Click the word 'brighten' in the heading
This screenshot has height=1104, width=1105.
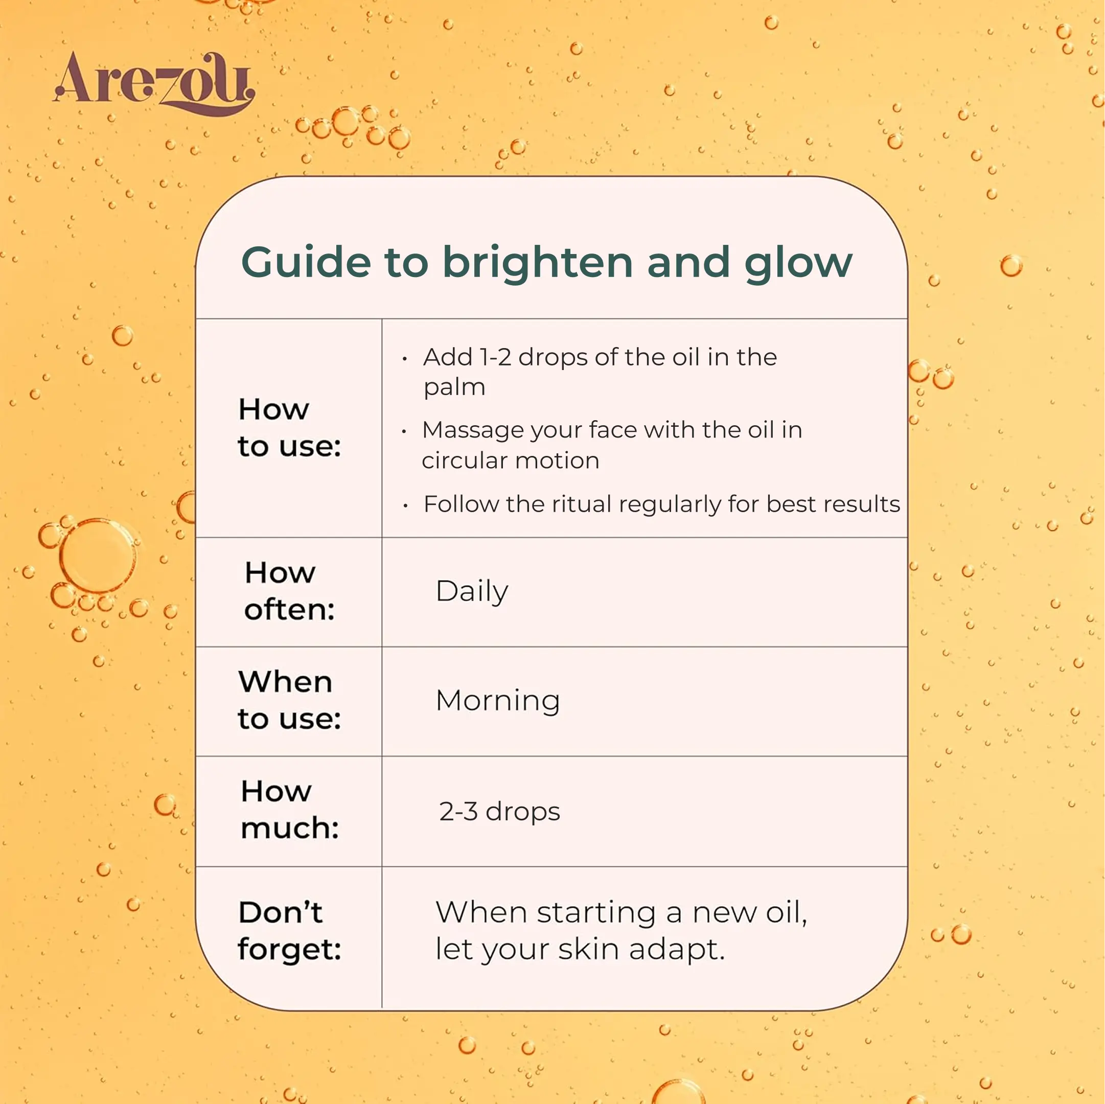click(538, 262)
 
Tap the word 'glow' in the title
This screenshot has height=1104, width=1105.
click(798, 264)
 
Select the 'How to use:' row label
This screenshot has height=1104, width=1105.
click(289, 427)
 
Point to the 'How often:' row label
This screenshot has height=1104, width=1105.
click(289, 590)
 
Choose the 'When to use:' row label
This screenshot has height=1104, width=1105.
click(289, 700)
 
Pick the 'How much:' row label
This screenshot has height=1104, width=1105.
click(290, 810)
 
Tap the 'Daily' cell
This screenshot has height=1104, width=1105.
click(472, 591)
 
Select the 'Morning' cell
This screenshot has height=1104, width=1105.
click(498, 701)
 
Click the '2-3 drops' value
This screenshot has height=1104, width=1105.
click(499, 811)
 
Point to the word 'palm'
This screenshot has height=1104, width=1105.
click(455, 388)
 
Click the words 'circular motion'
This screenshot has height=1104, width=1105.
click(511, 461)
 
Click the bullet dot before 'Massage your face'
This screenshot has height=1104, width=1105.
click(404, 431)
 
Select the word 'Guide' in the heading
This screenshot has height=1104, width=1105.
click(306, 262)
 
